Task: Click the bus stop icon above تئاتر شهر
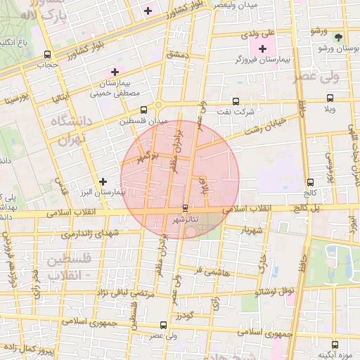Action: pyautogui.click(x=185, y=208)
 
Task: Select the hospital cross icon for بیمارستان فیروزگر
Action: pyautogui.click(x=263, y=49)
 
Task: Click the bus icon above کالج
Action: pyautogui.click(x=310, y=181)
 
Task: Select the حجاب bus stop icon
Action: pyautogui.click(x=47, y=55)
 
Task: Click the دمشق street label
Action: pyautogui.click(x=176, y=53)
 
